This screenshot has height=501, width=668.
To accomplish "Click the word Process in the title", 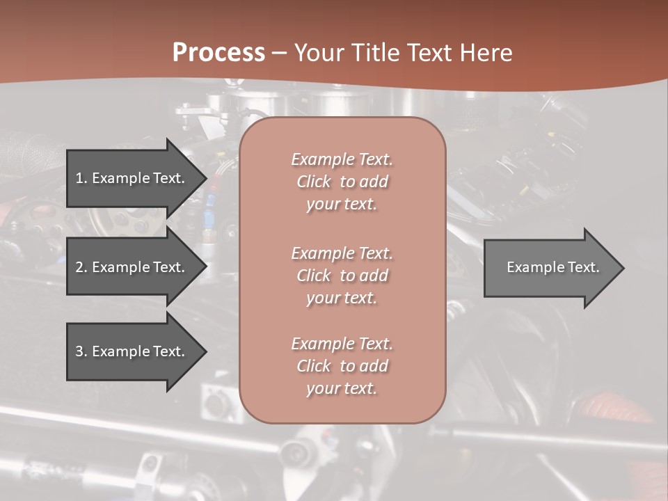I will pos(218,53).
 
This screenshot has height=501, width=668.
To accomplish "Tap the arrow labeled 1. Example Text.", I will pos(132,178).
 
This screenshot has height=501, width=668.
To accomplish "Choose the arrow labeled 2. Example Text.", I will pos(132,267).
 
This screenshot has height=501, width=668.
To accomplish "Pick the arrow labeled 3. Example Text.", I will pos(132,351).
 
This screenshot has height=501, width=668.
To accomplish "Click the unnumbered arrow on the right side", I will pos(550,267).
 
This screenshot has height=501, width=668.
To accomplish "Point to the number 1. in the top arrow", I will pos(81,178).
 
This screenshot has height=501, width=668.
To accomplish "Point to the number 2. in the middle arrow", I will pos(81,267).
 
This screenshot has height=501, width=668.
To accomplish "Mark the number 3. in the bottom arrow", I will pos(81,351).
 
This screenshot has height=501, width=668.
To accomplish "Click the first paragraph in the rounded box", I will pos(342,182).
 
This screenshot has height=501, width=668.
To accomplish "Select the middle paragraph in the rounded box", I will pos(342,275).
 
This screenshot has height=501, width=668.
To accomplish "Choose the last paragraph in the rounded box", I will pos(342,366).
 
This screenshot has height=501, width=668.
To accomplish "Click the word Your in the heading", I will pos(321,53).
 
